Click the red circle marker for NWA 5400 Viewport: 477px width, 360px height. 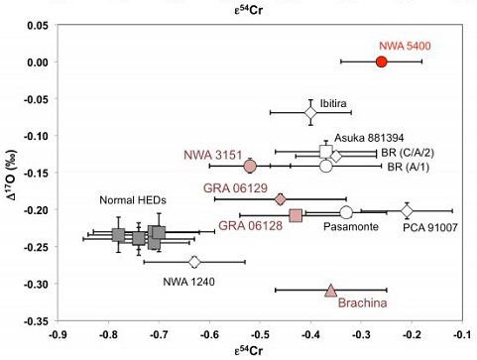[381, 61]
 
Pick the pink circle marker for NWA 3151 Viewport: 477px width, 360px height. [250, 166]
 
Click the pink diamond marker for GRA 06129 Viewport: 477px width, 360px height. [280, 199]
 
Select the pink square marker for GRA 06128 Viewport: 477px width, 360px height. [296, 215]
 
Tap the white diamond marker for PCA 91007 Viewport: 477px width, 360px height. [407, 210]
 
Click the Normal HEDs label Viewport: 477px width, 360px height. [133, 200]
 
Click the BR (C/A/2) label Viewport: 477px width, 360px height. [409, 155]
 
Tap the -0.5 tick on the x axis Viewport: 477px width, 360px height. [259, 335]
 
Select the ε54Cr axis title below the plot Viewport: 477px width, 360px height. [260, 351]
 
